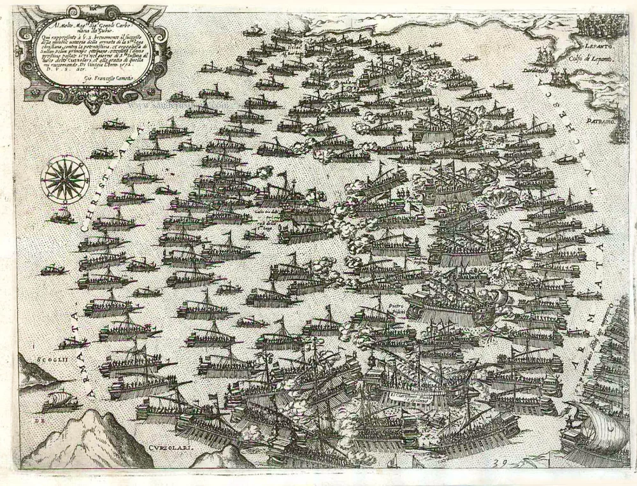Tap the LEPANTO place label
tap(596, 47)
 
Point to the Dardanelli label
tap(534, 70)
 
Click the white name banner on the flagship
tap(414, 396)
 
